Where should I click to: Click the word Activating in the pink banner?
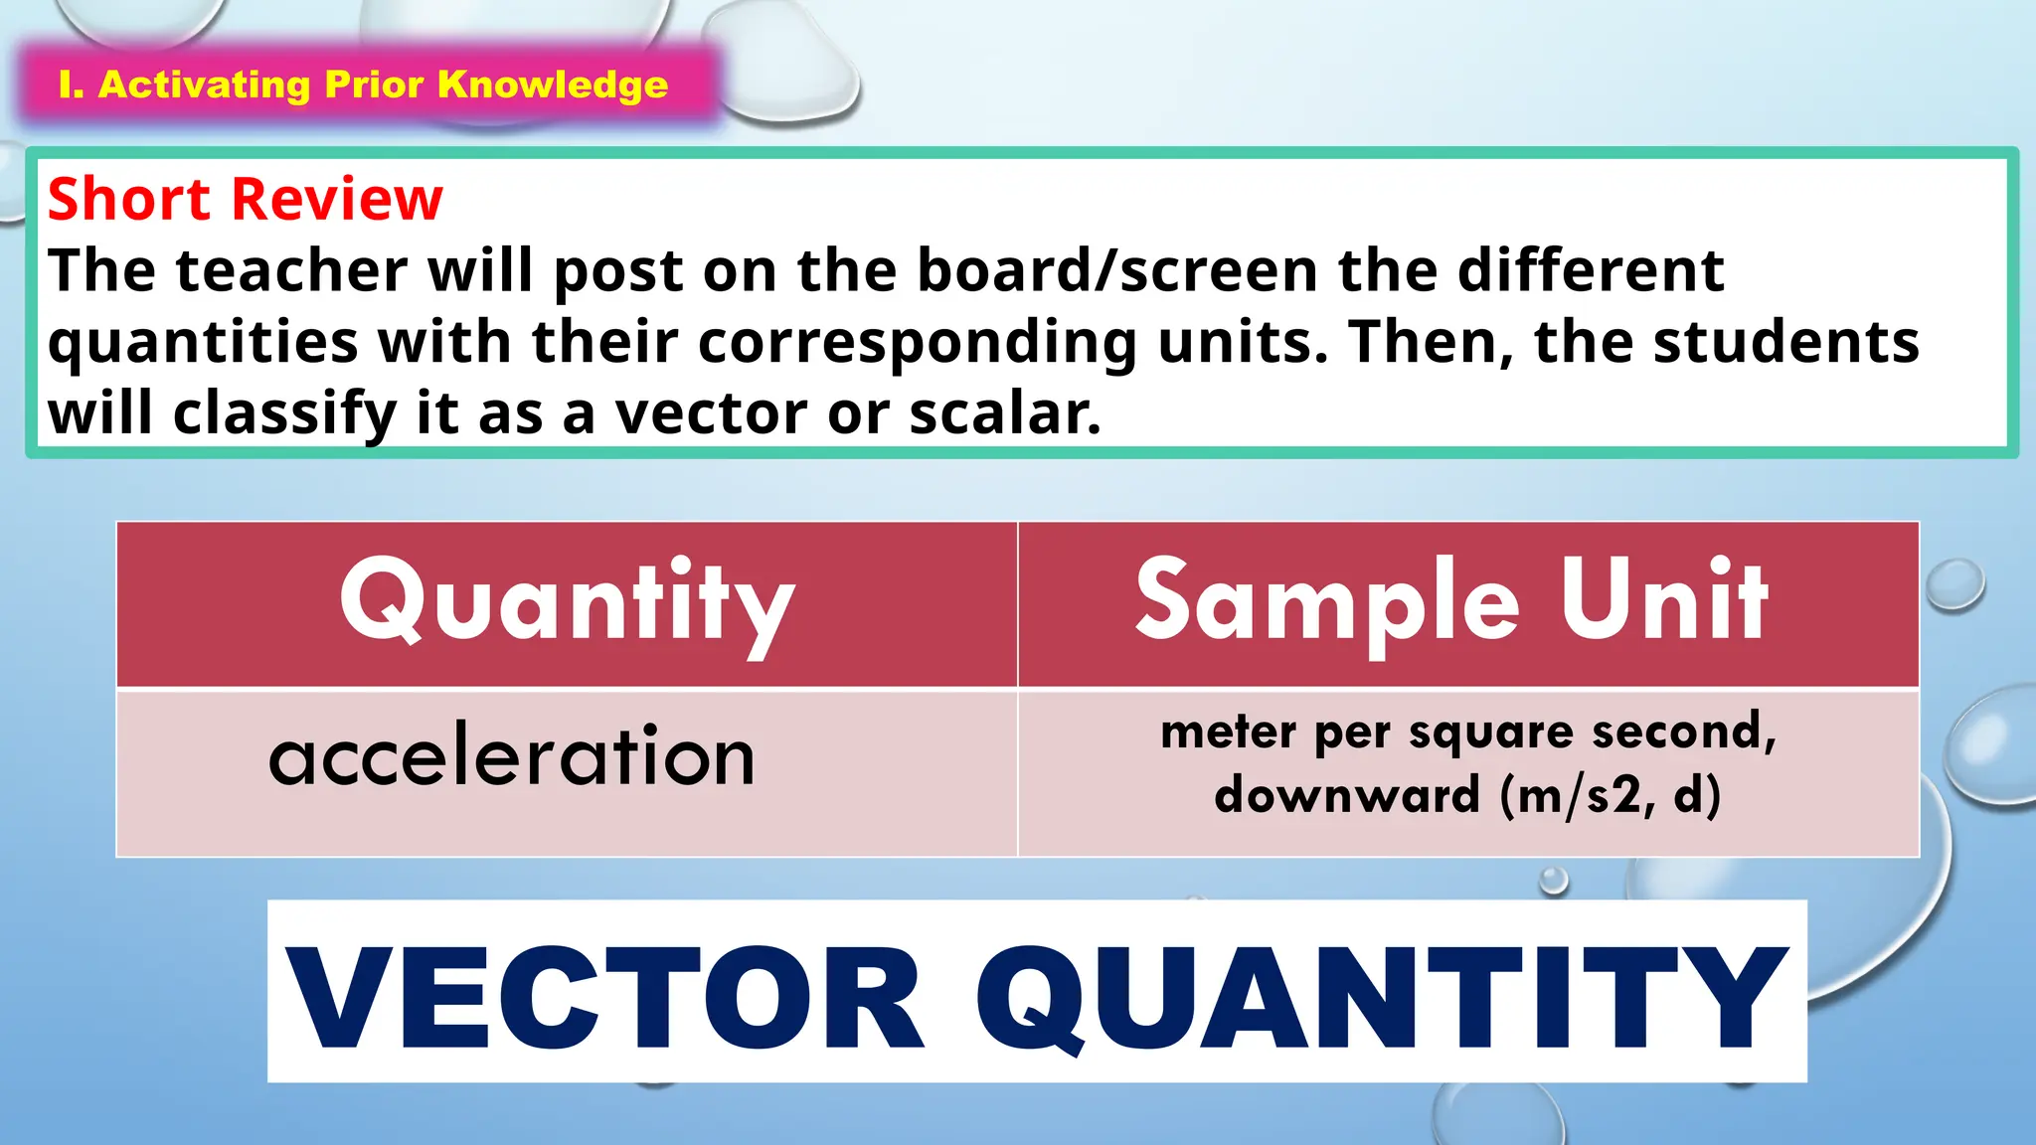(x=204, y=85)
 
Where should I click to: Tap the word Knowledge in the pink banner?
(x=553, y=85)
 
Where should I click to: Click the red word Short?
(x=129, y=199)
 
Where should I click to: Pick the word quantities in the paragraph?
(x=203, y=342)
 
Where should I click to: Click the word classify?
(x=285, y=415)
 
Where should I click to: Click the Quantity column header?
(x=567, y=602)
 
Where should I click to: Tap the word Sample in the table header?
(x=1327, y=602)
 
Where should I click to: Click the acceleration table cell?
(x=512, y=758)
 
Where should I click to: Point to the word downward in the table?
(x=1347, y=795)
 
